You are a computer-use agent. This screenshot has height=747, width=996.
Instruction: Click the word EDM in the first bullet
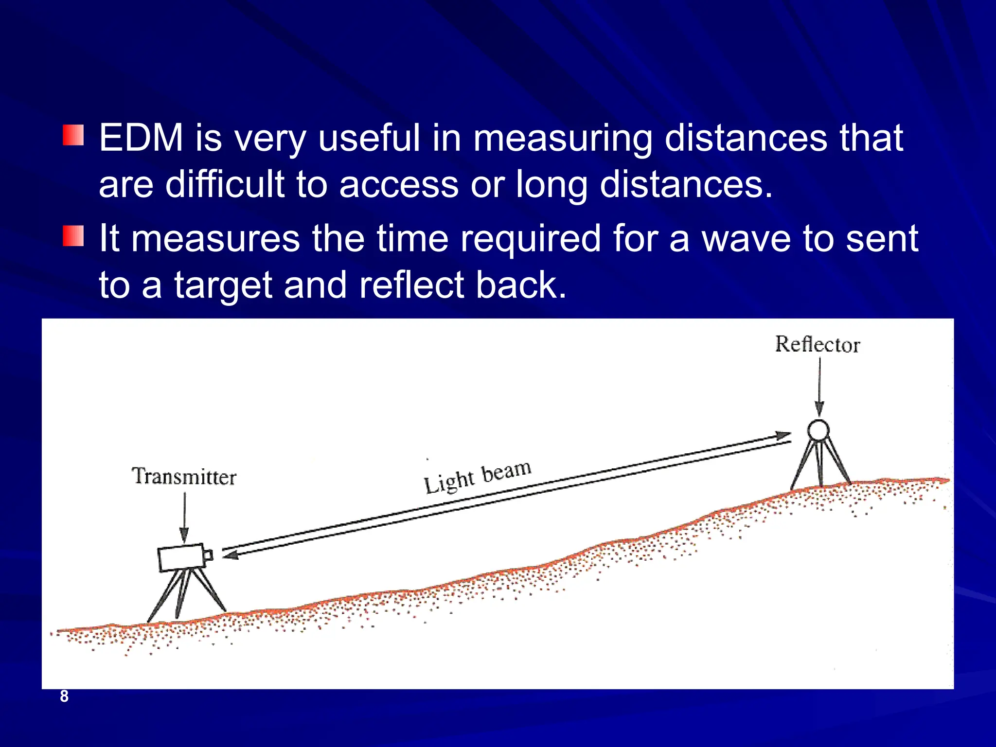click(x=141, y=138)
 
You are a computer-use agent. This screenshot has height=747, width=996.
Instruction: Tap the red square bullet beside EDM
click(x=73, y=135)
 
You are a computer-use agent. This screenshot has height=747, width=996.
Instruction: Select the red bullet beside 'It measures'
click(x=73, y=236)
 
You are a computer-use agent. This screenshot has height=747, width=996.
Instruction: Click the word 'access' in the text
click(x=399, y=185)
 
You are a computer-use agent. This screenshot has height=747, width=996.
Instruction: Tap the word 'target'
click(x=223, y=286)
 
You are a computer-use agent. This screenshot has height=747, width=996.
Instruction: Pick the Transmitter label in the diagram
click(x=184, y=477)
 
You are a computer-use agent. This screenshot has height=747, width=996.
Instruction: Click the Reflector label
click(x=818, y=344)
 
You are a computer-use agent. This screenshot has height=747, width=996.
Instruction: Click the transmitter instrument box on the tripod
click(x=181, y=557)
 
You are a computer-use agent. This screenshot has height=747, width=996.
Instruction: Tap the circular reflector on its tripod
click(x=818, y=430)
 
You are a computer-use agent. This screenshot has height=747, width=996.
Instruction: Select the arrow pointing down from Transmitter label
click(x=184, y=518)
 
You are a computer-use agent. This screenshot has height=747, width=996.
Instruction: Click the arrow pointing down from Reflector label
click(x=819, y=387)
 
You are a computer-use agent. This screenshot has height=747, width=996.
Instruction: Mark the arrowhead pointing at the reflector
click(x=783, y=435)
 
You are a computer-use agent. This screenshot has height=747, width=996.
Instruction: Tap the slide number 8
click(x=64, y=696)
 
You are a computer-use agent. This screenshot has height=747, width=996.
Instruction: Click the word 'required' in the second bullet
click(x=531, y=239)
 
